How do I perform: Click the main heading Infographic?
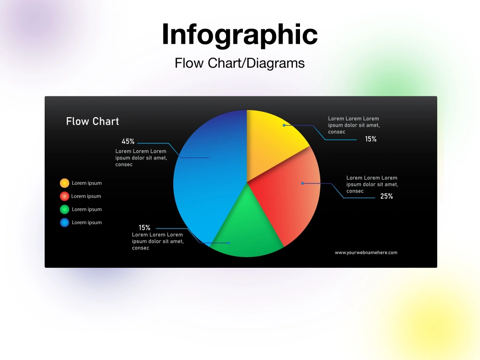pyautogui.click(x=240, y=35)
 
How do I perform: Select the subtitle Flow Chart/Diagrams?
pyautogui.click(x=240, y=63)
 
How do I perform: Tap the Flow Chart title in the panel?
pyautogui.click(x=92, y=121)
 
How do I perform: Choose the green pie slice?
pyautogui.click(x=247, y=226)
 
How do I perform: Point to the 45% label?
pyautogui.click(x=128, y=142)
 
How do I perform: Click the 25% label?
pyautogui.click(x=386, y=196)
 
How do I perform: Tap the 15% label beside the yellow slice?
pyautogui.click(x=371, y=139)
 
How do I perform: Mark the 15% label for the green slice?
pyautogui.click(x=144, y=228)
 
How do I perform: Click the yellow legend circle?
pyautogui.click(x=64, y=183)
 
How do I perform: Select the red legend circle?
pyautogui.click(x=64, y=196)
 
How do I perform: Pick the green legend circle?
pyautogui.click(x=64, y=209)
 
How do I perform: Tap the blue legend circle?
pyautogui.click(x=64, y=222)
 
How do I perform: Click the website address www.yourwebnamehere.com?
pyautogui.click(x=366, y=252)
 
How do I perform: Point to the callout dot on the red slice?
pyautogui.click(x=302, y=183)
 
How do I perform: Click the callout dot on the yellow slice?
pyautogui.click(x=284, y=125)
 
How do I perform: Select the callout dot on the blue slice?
pyautogui.click(x=210, y=157)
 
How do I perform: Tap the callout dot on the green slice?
pyautogui.click(x=228, y=243)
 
